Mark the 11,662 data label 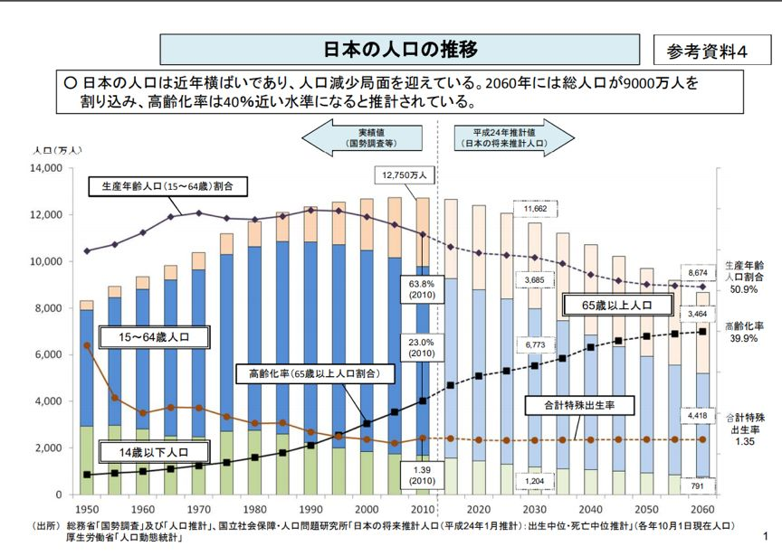coord(535,209)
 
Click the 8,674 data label coord(697,271)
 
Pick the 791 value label coord(697,485)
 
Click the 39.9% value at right coord(749,337)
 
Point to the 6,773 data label coord(535,344)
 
